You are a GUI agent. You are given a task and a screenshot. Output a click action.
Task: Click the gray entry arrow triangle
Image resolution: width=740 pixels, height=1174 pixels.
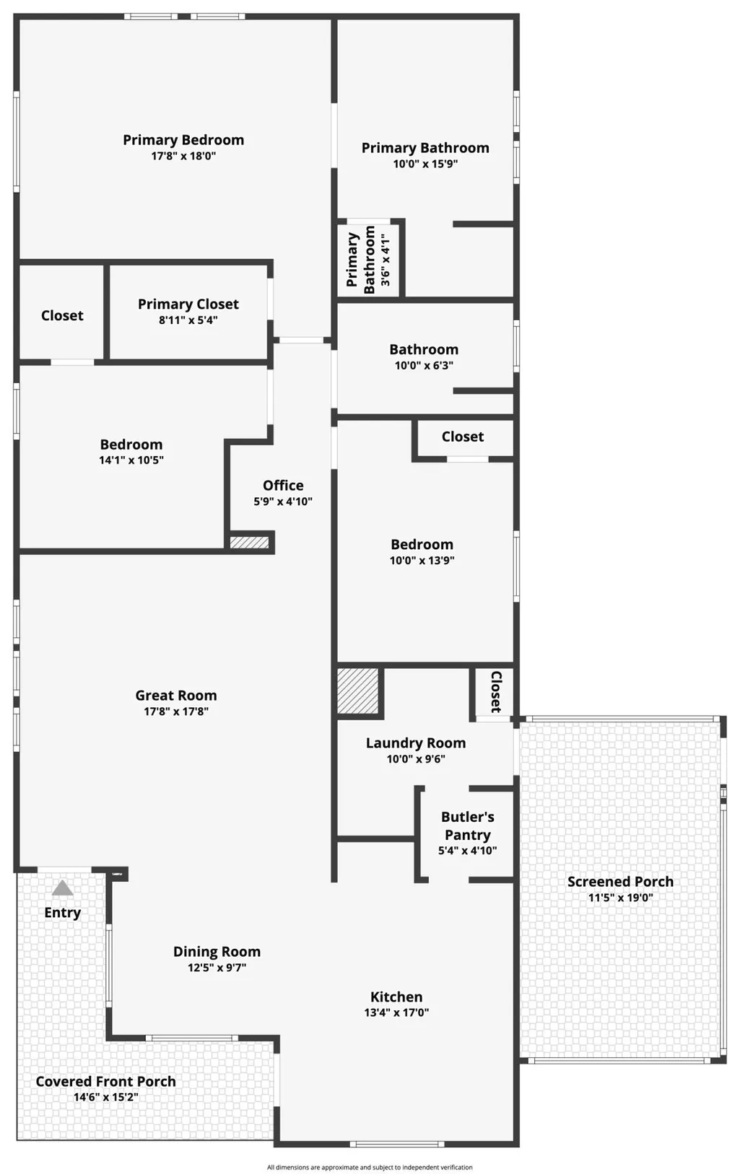click(62, 888)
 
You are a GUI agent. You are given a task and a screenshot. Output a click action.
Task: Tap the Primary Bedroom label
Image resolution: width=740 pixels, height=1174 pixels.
click(183, 140)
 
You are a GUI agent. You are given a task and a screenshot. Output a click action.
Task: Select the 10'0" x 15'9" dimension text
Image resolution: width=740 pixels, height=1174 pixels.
click(425, 164)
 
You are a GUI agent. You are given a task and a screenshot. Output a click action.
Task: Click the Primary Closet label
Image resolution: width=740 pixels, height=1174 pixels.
click(188, 304)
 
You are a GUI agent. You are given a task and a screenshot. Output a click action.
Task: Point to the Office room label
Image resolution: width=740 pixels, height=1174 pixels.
click(283, 486)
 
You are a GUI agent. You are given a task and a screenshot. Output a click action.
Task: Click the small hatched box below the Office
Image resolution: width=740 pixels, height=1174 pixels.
click(250, 542)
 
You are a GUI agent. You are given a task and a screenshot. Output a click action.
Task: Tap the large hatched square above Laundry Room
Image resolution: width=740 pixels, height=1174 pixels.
click(357, 691)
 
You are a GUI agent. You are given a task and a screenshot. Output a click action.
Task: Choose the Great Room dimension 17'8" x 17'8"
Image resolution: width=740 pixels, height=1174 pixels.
click(176, 711)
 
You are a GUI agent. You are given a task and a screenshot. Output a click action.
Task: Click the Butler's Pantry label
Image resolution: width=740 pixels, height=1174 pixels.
click(468, 825)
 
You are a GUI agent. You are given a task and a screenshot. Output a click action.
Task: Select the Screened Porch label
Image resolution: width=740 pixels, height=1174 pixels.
click(620, 882)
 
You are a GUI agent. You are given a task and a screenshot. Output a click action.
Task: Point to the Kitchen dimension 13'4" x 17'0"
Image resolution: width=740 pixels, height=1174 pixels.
click(396, 1012)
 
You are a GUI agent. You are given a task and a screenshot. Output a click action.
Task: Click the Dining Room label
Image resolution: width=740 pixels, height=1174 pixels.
click(217, 951)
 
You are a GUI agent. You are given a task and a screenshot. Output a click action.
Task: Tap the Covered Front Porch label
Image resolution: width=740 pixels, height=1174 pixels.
click(106, 1081)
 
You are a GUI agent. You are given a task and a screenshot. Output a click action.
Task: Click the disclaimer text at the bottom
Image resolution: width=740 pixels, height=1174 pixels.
click(370, 1168)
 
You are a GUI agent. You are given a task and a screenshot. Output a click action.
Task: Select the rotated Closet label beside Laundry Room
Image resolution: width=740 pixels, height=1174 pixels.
click(496, 692)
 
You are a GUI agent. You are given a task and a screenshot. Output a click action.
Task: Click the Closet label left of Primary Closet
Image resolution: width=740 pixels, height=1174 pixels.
click(62, 315)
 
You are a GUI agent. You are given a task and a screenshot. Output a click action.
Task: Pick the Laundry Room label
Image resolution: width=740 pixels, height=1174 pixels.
click(416, 743)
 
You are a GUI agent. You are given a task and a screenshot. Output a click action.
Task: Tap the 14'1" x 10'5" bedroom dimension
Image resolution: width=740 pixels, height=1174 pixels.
click(131, 460)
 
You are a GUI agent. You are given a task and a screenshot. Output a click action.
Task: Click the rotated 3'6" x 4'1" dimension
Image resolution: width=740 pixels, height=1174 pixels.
click(386, 260)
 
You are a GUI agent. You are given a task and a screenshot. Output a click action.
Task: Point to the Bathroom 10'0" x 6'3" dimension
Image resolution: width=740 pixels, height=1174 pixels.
click(424, 365)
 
